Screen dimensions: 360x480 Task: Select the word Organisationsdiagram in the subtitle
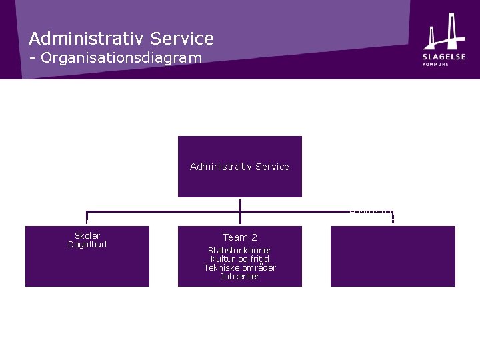click(121, 58)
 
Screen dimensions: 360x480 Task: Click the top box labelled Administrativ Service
click(239, 167)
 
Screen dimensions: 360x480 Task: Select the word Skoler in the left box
click(87, 236)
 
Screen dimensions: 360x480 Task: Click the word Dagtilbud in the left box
click(87, 245)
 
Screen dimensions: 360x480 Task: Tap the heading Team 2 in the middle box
click(239, 237)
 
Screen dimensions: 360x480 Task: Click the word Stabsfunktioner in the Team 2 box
click(239, 251)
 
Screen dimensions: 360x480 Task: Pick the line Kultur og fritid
click(239, 259)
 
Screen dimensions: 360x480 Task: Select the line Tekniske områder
click(239, 268)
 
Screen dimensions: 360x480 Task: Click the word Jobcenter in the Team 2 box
click(239, 277)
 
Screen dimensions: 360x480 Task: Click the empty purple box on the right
click(393, 257)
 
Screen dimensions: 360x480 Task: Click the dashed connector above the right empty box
click(393, 217)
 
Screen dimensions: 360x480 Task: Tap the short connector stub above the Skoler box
click(87, 218)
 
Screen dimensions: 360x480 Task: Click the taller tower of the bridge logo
click(453, 31)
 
